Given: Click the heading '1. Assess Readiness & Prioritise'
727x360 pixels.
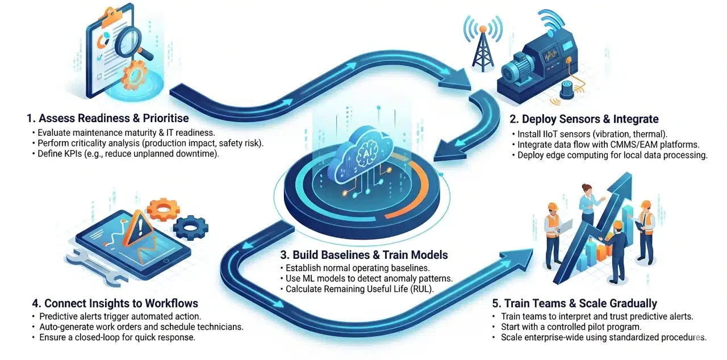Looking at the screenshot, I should (x=108, y=119).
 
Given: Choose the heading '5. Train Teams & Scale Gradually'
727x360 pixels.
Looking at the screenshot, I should (x=585, y=303).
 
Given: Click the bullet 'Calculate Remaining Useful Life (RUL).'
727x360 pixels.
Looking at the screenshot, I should (x=357, y=288).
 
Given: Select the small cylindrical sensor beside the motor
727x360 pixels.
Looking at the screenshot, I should (x=566, y=89).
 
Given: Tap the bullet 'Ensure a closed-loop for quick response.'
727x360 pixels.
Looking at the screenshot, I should (x=114, y=337).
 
